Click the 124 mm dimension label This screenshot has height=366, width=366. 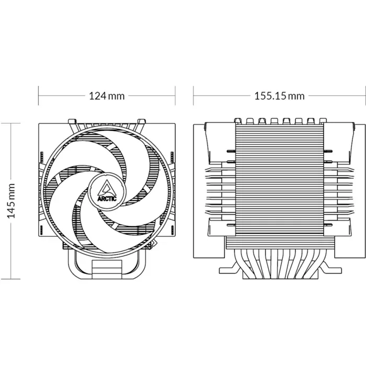[107, 96]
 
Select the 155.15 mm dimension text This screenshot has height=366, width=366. [279, 96]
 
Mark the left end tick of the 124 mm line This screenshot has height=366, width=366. [39, 96]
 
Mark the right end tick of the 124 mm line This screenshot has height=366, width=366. [175, 96]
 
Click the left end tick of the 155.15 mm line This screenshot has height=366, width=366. [194, 96]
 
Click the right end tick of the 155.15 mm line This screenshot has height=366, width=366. [364, 96]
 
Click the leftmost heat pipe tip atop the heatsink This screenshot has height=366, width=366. [237, 120]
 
